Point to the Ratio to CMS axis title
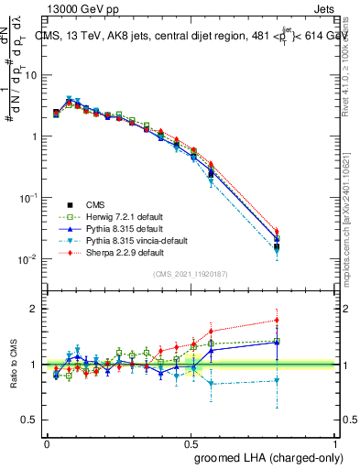pos(16,365)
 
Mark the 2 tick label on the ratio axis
pos(35,309)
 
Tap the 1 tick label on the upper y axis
pos(35,136)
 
